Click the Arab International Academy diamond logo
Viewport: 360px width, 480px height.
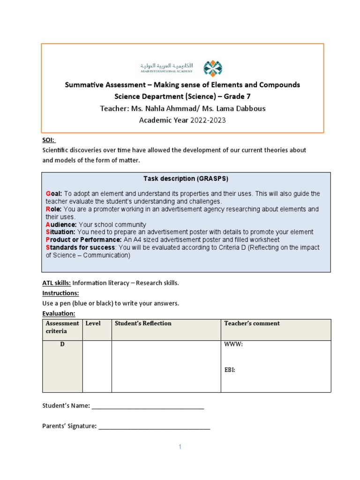click(x=212, y=68)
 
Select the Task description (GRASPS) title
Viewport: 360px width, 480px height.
click(x=186, y=179)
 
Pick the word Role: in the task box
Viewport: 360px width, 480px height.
click(x=54, y=209)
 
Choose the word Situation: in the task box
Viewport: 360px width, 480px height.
click(x=60, y=232)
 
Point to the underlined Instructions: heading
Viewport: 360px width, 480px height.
click(x=60, y=293)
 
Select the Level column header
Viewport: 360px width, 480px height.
click(x=93, y=323)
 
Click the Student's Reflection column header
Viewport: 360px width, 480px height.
click(x=143, y=323)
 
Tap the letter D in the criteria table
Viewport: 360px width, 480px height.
click(x=62, y=345)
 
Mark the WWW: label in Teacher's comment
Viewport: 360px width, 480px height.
click(x=233, y=345)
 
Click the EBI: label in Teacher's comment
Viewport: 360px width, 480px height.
click(x=230, y=370)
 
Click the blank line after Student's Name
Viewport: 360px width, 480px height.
click(x=148, y=406)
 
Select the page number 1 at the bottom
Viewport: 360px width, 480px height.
click(x=180, y=447)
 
